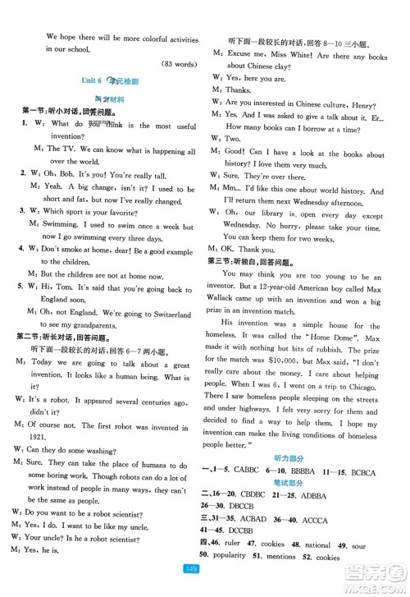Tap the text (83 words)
[175, 64]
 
